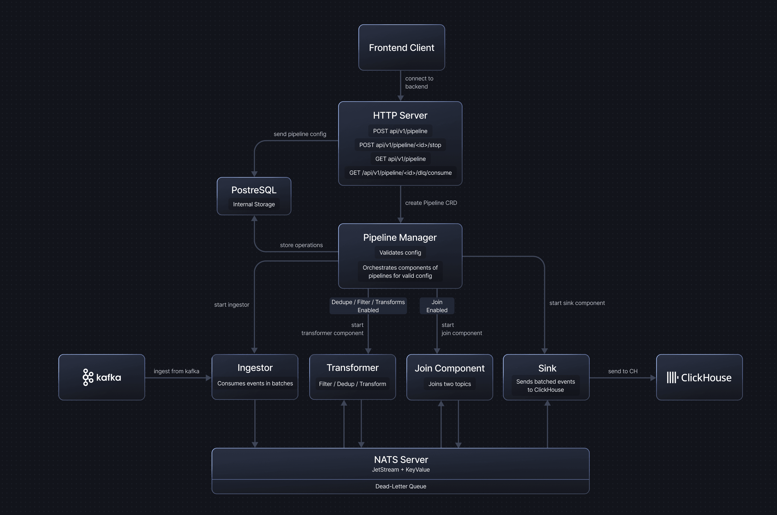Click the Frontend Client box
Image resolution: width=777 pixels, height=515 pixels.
[x=401, y=48]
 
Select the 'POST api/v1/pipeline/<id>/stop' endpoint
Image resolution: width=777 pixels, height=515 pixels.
[x=400, y=145]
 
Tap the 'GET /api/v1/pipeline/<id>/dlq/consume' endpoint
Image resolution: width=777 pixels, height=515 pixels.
[x=400, y=173]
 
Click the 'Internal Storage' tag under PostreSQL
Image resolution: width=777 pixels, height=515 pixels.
[x=254, y=204]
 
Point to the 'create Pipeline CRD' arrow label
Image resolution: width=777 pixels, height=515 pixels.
[x=431, y=203]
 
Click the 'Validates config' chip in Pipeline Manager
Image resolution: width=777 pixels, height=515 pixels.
[x=400, y=253]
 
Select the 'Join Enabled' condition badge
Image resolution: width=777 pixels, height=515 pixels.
[x=437, y=306]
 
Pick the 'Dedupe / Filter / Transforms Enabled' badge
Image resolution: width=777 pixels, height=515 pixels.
[x=368, y=306]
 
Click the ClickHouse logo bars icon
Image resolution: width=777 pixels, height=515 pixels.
[x=672, y=377]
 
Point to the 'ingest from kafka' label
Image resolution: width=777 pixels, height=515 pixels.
[x=176, y=371]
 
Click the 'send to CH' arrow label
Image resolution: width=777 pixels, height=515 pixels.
[x=622, y=371]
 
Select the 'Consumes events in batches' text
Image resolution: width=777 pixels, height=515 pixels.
[x=255, y=383]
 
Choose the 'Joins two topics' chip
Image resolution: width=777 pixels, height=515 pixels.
[x=449, y=384]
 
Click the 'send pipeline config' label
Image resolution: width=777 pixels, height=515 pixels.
[x=300, y=134]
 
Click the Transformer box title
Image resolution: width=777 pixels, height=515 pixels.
[x=352, y=368]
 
